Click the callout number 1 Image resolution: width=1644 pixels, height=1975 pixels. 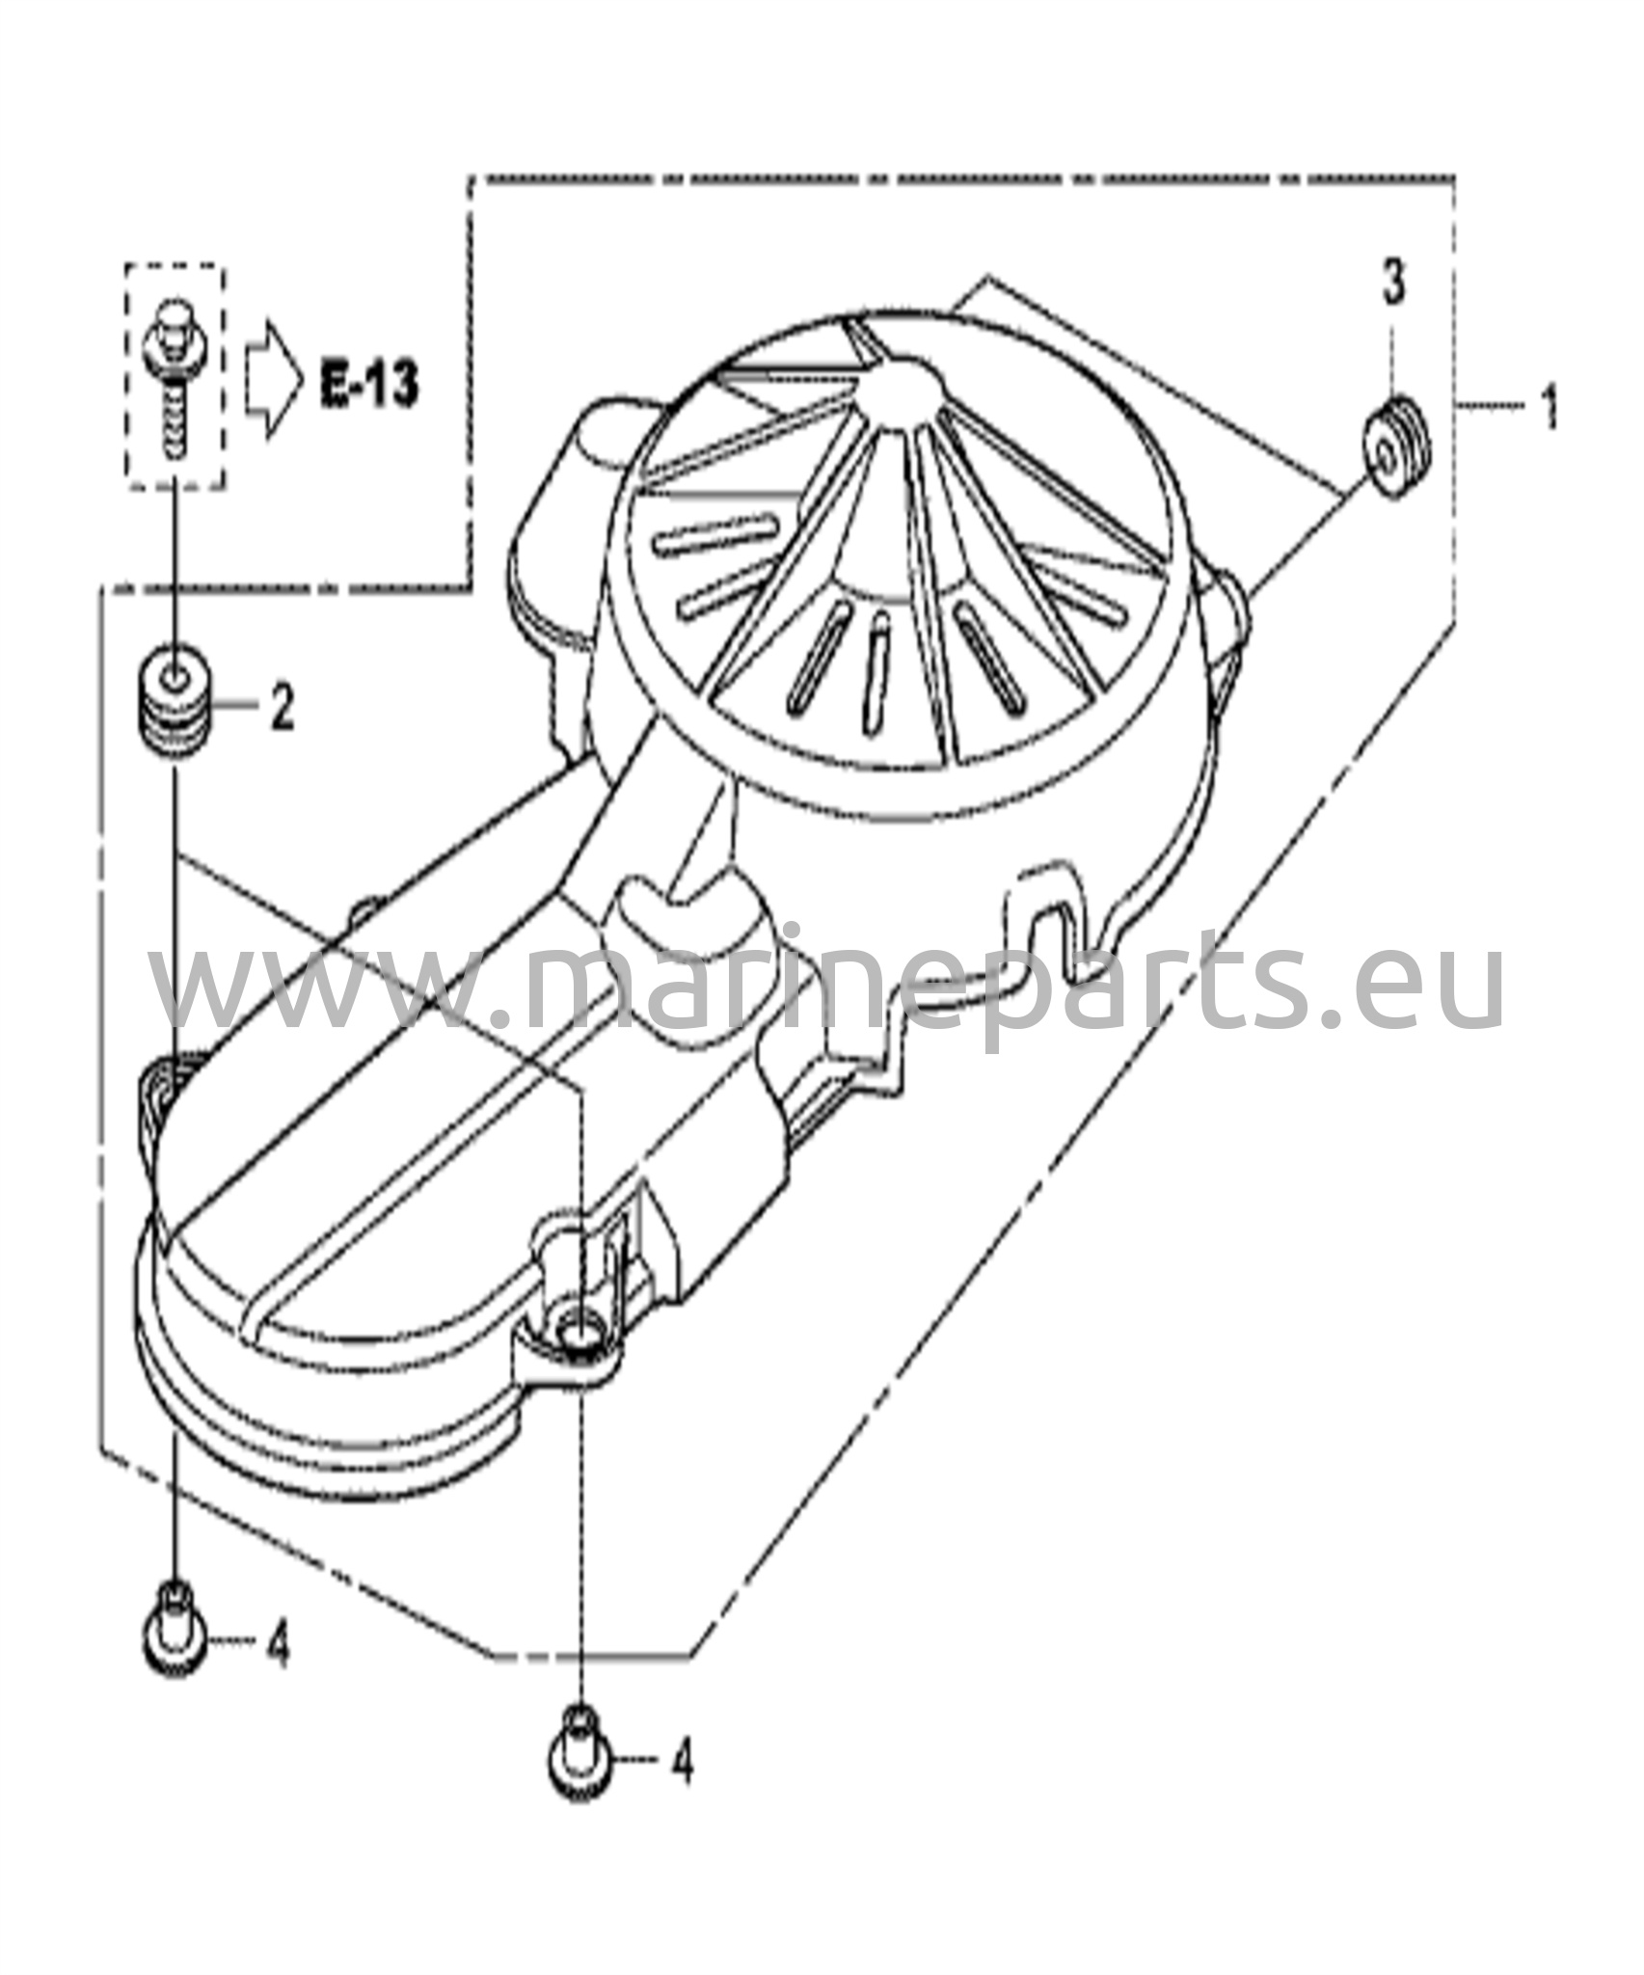pos(1549,409)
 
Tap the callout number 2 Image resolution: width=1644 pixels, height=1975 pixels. pos(282,707)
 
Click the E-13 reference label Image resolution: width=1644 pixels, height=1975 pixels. pos(369,385)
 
